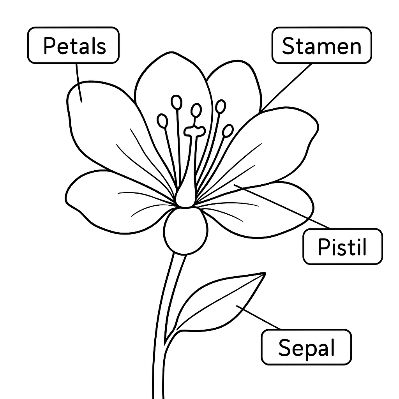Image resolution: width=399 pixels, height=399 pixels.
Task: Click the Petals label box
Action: click(73, 45)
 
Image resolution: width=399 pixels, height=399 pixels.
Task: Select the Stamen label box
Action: click(322, 45)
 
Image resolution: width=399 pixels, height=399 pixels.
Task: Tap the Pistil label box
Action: click(343, 246)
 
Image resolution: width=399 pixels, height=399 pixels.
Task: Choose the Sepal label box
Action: click(306, 347)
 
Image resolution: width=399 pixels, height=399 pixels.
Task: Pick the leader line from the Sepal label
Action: click(259, 317)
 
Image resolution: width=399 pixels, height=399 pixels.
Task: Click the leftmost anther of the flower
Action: click(162, 121)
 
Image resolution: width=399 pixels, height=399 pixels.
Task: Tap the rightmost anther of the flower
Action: click(228, 131)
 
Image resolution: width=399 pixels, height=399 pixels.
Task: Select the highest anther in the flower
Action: click(177, 102)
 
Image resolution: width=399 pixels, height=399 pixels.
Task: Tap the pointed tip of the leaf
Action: click(265, 274)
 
